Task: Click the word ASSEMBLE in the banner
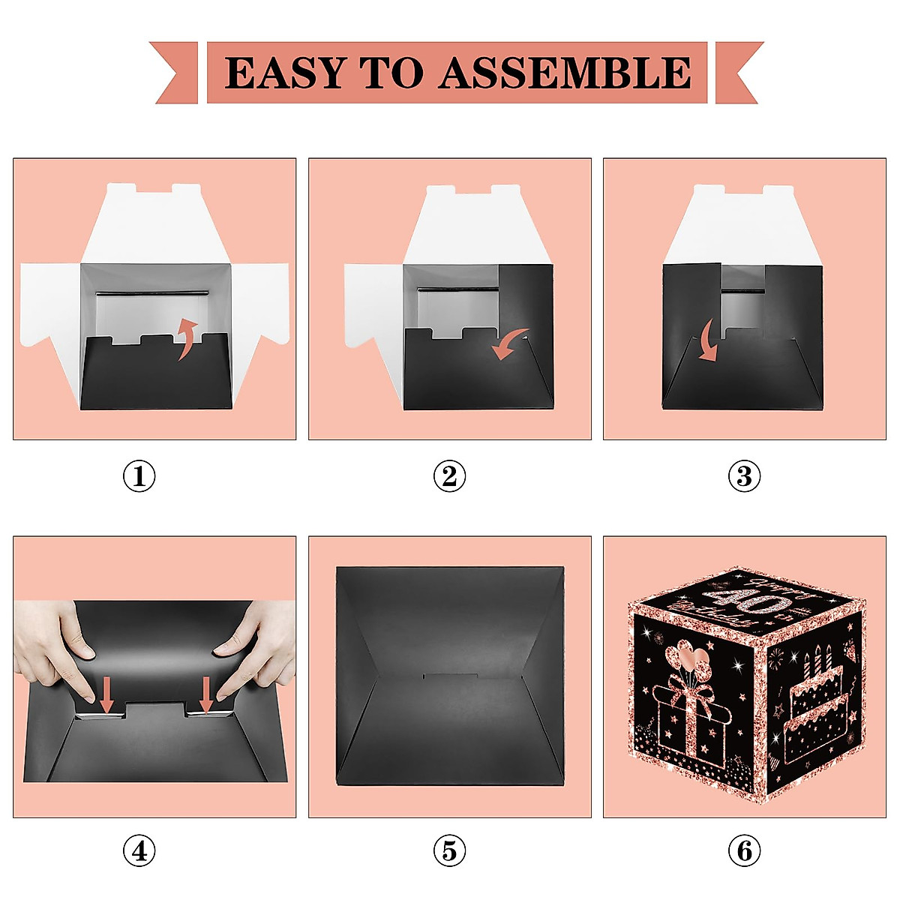click(565, 73)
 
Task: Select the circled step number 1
click(139, 476)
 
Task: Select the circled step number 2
click(449, 476)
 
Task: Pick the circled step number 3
click(744, 476)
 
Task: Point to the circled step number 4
click(139, 850)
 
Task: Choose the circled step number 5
click(449, 850)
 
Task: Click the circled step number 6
click(744, 850)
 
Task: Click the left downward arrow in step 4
click(106, 694)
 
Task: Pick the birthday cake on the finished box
click(817, 705)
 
